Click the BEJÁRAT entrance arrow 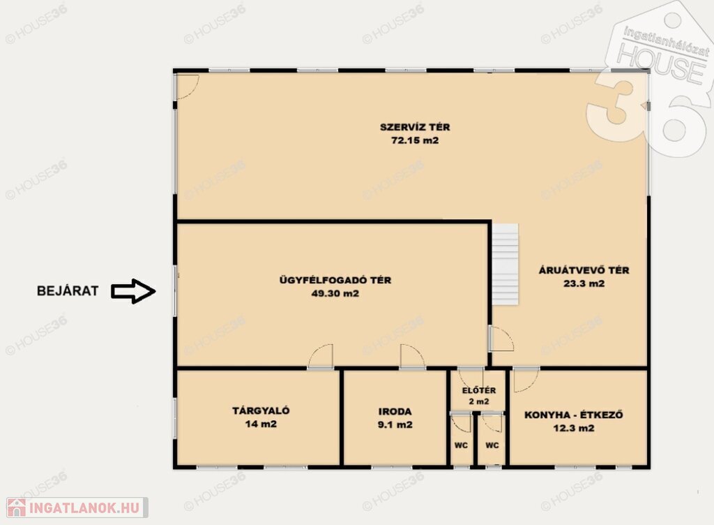pyautogui.click(x=133, y=291)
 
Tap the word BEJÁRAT pyautogui.click(x=68, y=291)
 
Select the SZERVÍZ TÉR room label pyautogui.click(x=415, y=127)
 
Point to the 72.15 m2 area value pyautogui.click(x=415, y=140)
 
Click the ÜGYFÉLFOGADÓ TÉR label pyautogui.click(x=335, y=280)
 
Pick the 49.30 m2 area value pyautogui.click(x=335, y=293)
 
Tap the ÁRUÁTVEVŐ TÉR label pyautogui.click(x=584, y=269)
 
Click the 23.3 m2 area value pyautogui.click(x=584, y=283)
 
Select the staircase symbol pyautogui.click(x=505, y=265)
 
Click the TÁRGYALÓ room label pyautogui.click(x=261, y=411)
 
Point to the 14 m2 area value pyautogui.click(x=261, y=424)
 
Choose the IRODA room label pyautogui.click(x=395, y=411)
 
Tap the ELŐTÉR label pyautogui.click(x=478, y=390)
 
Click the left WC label pyautogui.click(x=462, y=445)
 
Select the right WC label pyautogui.click(x=492, y=445)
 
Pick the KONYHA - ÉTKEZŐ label pyautogui.click(x=574, y=415)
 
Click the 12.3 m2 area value pyautogui.click(x=574, y=429)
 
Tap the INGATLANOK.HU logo pyautogui.click(x=77, y=508)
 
